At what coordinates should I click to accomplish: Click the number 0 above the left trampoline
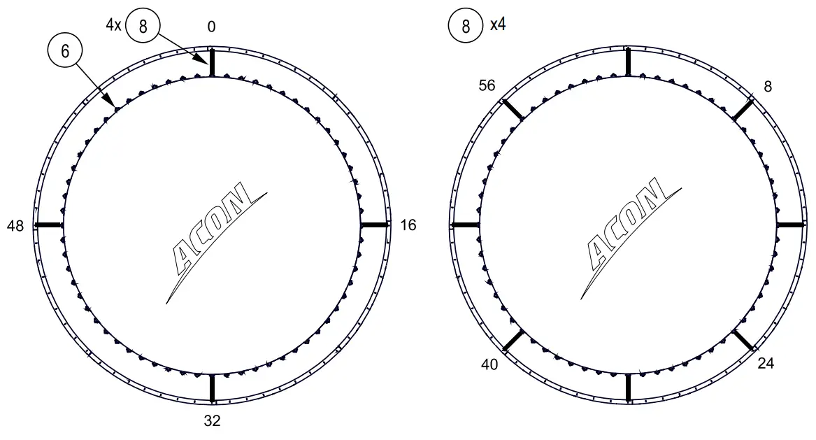tap(211, 27)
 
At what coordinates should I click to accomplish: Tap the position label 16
tap(408, 225)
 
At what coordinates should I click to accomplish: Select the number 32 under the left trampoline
tap(212, 420)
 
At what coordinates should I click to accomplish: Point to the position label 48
tap(15, 225)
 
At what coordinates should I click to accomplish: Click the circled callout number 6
tap(65, 50)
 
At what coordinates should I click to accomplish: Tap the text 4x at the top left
tap(113, 25)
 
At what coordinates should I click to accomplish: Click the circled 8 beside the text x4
tap(465, 27)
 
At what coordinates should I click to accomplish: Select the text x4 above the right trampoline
tap(498, 25)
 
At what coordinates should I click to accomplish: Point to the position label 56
tap(487, 85)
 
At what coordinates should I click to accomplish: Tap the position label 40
tap(489, 364)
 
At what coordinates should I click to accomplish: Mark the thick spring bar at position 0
tap(212, 63)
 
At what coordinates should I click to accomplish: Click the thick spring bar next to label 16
tap(374, 225)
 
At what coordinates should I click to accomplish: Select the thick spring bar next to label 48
tap(49, 225)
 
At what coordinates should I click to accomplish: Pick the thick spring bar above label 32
tap(212, 388)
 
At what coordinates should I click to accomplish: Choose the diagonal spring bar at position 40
tap(513, 341)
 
